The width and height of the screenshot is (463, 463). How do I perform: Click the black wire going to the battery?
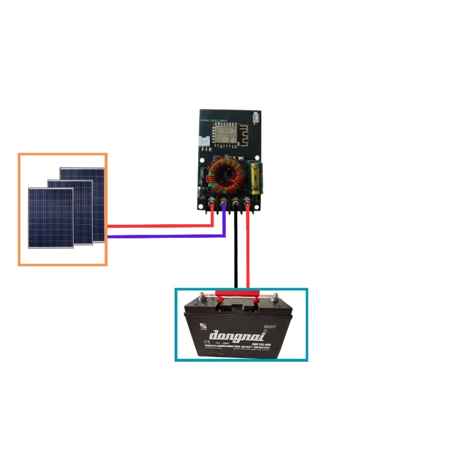[236, 253]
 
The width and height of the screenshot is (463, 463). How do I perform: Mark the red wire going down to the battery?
[248, 253]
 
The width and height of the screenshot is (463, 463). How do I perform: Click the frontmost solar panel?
[50, 217]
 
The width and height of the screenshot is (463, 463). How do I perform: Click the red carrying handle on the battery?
[237, 293]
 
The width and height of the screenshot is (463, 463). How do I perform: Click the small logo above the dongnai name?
[202, 328]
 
